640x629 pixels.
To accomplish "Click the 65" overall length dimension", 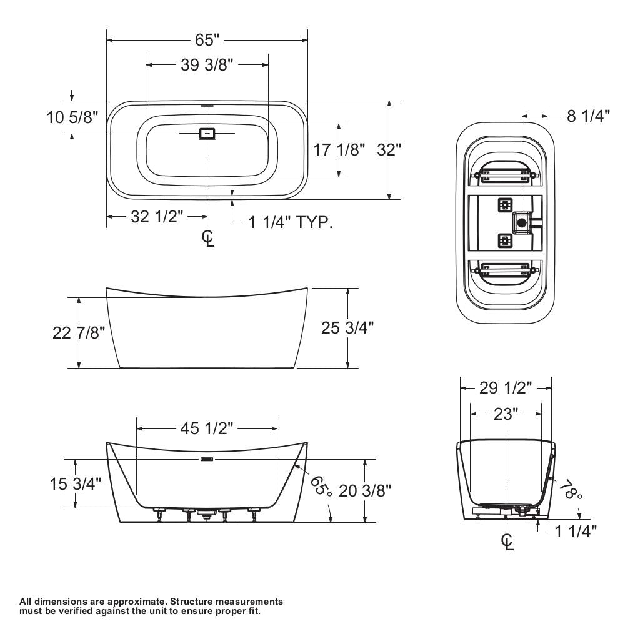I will coord(207,40).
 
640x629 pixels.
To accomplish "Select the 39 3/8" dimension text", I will coord(207,65).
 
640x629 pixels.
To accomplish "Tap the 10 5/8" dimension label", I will coord(72,117).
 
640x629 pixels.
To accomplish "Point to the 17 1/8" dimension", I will coord(339,150).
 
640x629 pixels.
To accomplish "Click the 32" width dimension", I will coord(389,150).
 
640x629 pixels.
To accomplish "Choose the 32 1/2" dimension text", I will coord(157,217).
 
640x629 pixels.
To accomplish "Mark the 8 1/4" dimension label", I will coord(588,116).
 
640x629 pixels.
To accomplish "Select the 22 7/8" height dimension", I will coord(79,333).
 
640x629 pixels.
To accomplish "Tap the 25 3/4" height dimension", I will coord(347,327).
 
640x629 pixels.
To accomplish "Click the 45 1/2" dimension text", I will coord(207,428).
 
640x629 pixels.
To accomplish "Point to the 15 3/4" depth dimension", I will coord(75,483).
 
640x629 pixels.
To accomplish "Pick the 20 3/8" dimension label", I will coord(365,490).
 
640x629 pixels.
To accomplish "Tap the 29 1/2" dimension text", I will coord(506,388).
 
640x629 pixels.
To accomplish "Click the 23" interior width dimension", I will coord(506,414).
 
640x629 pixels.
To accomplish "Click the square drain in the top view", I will coord(207,133).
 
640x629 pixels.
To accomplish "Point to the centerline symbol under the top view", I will coord(208,237).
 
